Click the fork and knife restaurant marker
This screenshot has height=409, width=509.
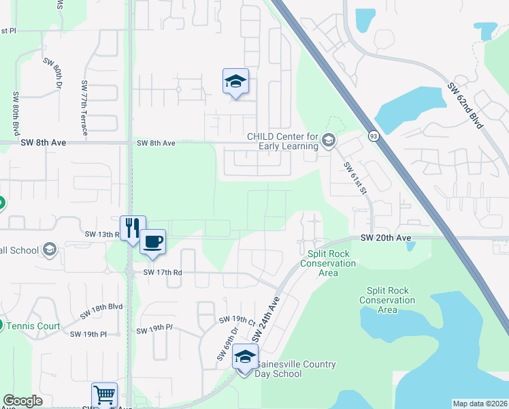pos(133,228)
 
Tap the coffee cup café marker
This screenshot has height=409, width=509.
pos(152,241)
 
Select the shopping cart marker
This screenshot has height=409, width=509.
pos(104,395)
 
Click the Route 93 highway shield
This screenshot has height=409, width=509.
pos(373,136)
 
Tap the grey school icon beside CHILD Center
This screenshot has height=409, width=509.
pos(329,140)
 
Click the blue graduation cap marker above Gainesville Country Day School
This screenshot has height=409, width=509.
pos(245,357)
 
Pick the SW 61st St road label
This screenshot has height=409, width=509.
pos(355,178)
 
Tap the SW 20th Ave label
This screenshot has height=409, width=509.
pos(386,237)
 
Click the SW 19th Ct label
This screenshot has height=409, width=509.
pos(236,320)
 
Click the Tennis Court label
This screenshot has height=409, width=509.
pos(33,326)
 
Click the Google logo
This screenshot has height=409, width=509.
pos(22,401)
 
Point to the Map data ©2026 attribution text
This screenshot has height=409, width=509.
pos(480,404)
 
